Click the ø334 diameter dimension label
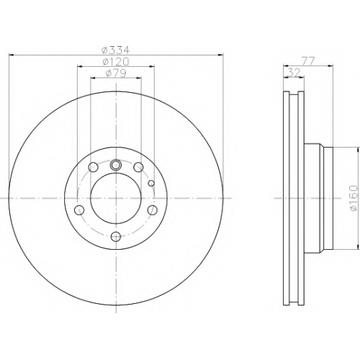click(x=116, y=50)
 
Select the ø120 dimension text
click(x=116, y=62)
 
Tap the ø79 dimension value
click(x=116, y=73)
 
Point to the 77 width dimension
click(x=308, y=62)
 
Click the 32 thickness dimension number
click(x=294, y=73)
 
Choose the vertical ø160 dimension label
click(x=354, y=198)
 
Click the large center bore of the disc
click(x=116, y=198)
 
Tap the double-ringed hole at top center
click(x=116, y=165)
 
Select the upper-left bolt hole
click(x=93, y=167)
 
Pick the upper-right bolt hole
click(x=138, y=167)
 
